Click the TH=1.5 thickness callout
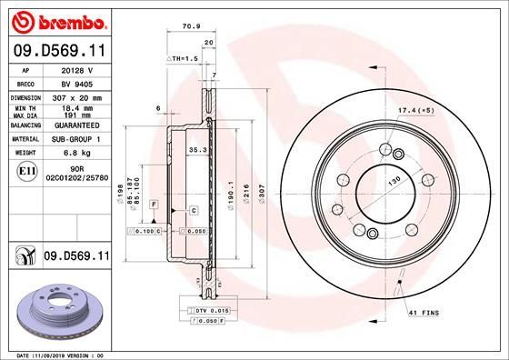(x=185, y=58)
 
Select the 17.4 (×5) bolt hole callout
(x=415, y=110)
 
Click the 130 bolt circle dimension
(x=394, y=182)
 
